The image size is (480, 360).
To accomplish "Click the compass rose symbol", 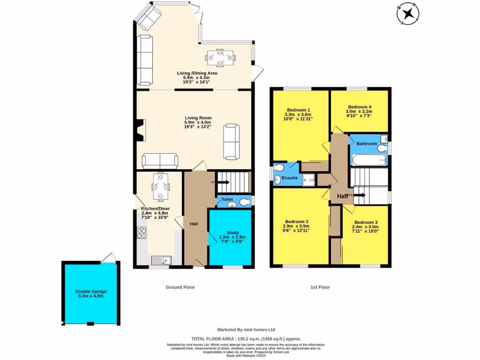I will pyautogui.click(x=408, y=13).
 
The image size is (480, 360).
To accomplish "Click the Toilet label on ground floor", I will pyautogui.click(x=227, y=199).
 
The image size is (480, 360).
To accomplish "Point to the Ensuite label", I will pyautogui.click(x=289, y=178).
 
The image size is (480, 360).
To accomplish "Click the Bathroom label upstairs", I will pyautogui.click(x=367, y=143).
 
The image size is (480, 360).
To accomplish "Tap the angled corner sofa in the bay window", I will pyautogui.click(x=148, y=17).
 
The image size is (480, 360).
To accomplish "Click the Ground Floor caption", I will pyautogui.click(x=180, y=287).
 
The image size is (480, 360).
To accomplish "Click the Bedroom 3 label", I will pyautogui.click(x=366, y=222).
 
